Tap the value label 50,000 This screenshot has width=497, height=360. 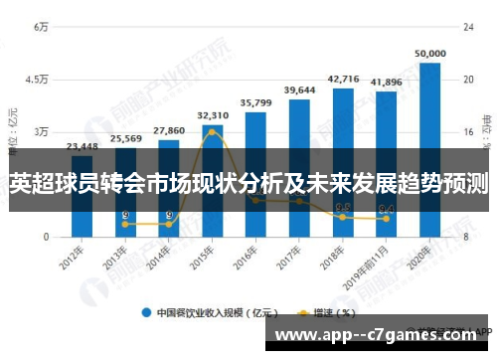click(x=429, y=54)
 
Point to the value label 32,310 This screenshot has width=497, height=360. click(x=213, y=115)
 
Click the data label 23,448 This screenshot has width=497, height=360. click(x=82, y=146)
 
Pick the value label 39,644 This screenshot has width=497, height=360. click(x=299, y=90)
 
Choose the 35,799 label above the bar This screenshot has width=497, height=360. click(x=255, y=102)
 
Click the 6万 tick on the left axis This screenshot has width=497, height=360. click(x=41, y=27)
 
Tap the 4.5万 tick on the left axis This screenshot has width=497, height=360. click(x=37, y=79)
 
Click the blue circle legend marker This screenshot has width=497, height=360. click(x=146, y=311)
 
